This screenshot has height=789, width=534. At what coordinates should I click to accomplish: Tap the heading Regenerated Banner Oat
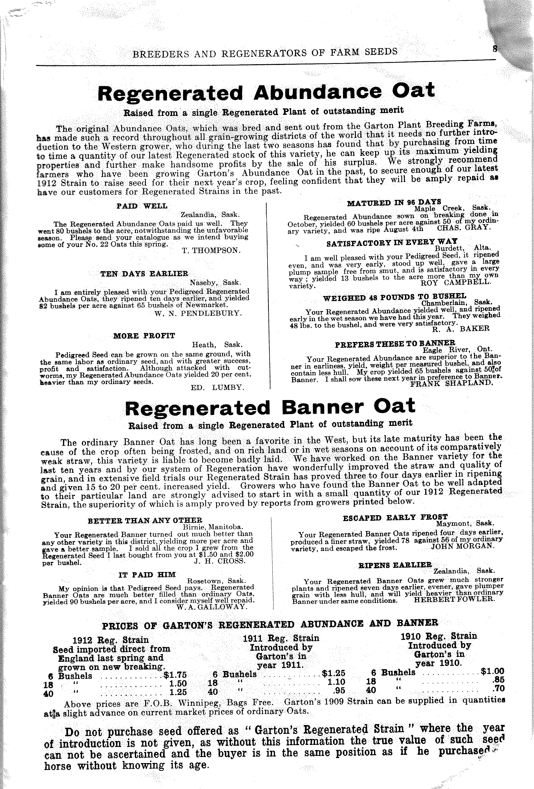[270, 407]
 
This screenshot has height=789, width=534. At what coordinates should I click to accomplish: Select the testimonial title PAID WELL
[142, 206]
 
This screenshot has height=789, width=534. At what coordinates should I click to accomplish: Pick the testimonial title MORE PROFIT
[144, 336]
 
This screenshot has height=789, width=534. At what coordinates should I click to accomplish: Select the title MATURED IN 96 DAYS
[394, 203]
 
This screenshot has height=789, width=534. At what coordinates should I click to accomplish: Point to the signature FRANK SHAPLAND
[451, 384]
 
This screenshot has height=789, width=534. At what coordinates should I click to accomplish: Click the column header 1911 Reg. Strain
[281, 638]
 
